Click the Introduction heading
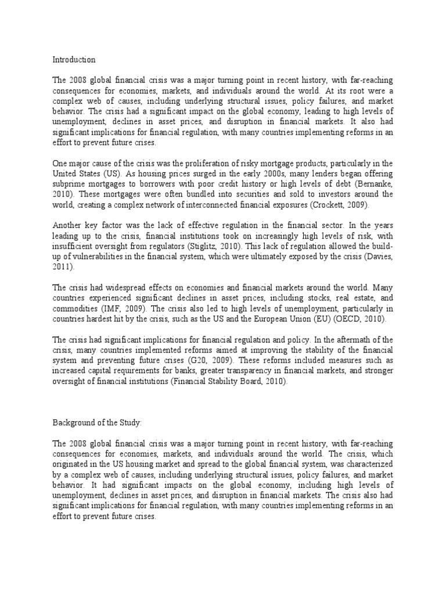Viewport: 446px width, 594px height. [x=74, y=60]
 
